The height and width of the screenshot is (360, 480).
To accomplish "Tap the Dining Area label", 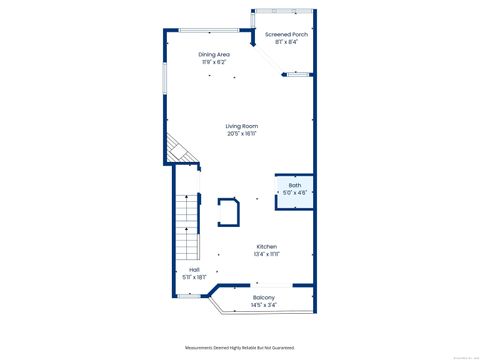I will pyautogui.click(x=215, y=55).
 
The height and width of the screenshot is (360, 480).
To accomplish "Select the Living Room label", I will pyautogui.click(x=241, y=126).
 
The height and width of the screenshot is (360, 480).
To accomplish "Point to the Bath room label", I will pyautogui.click(x=294, y=186).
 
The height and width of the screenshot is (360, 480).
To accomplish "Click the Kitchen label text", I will pyautogui.click(x=266, y=246).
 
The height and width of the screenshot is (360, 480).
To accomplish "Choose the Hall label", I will pyautogui.click(x=194, y=270).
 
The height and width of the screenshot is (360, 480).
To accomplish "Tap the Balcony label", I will pyautogui.click(x=264, y=298).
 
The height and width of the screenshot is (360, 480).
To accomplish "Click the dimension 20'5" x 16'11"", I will pyautogui.click(x=241, y=133).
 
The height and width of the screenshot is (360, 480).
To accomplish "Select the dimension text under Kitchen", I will pyautogui.click(x=266, y=254).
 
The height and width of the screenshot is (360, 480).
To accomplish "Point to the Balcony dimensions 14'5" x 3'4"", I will pyautogui.click(x=264, y=305).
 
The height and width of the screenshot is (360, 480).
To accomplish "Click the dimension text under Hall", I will pyautogui.click(x=194, y=277).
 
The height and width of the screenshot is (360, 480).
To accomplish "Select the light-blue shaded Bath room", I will pyautogui.click(x=294, y=192).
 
